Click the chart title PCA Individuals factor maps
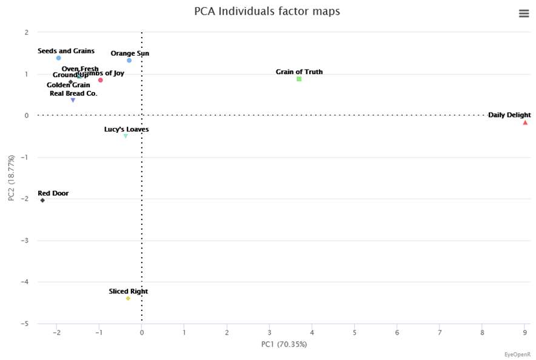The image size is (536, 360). pos(267,12)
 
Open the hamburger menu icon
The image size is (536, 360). pos(524,14)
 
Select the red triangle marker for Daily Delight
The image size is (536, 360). pos(525,122)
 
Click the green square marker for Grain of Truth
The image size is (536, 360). pos(299,79)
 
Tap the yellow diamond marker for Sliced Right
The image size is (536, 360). pos(128,298)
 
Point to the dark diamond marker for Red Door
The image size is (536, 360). pos(42,200)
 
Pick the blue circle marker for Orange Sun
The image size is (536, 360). pos(129,61)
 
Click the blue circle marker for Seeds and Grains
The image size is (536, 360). pos(58,58)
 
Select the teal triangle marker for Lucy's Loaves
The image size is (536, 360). pos(126,136)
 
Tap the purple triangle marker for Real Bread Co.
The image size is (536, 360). pos(73,101)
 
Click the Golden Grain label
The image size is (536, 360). pos(69,85)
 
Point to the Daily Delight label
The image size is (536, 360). pos(509,115)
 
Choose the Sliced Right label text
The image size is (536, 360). pos(128,292)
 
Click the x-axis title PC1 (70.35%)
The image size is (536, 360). pos(284,344)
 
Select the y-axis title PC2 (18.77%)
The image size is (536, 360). pos(12,178)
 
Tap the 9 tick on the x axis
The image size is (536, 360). pos(525,332)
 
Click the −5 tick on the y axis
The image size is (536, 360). pos(26,324)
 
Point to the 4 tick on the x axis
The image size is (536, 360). pos(312,332)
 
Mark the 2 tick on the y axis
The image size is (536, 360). pos(26,33)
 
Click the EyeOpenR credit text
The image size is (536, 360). pos(517,355)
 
